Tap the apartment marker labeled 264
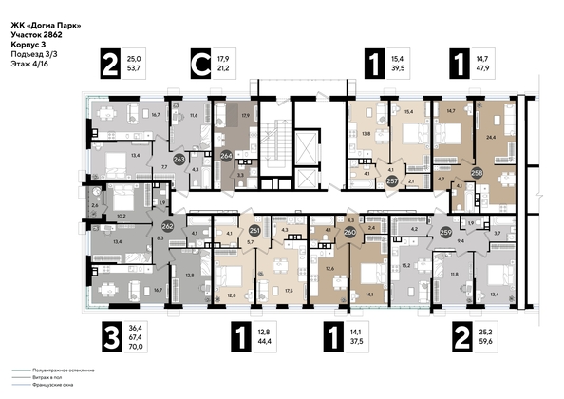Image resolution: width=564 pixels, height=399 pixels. tap(226, 159)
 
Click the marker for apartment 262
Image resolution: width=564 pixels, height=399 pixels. tap(167, 227)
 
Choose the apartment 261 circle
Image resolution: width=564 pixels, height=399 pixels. tap(254, 231)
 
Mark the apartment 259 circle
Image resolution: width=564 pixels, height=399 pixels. tap(445, 230)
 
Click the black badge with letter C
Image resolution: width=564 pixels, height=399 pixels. tap(200, 66)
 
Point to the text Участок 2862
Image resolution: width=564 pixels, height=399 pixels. tap(37, 34)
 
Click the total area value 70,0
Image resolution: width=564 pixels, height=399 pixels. tap(140, 348)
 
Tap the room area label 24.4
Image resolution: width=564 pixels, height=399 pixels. tap(490, 136)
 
